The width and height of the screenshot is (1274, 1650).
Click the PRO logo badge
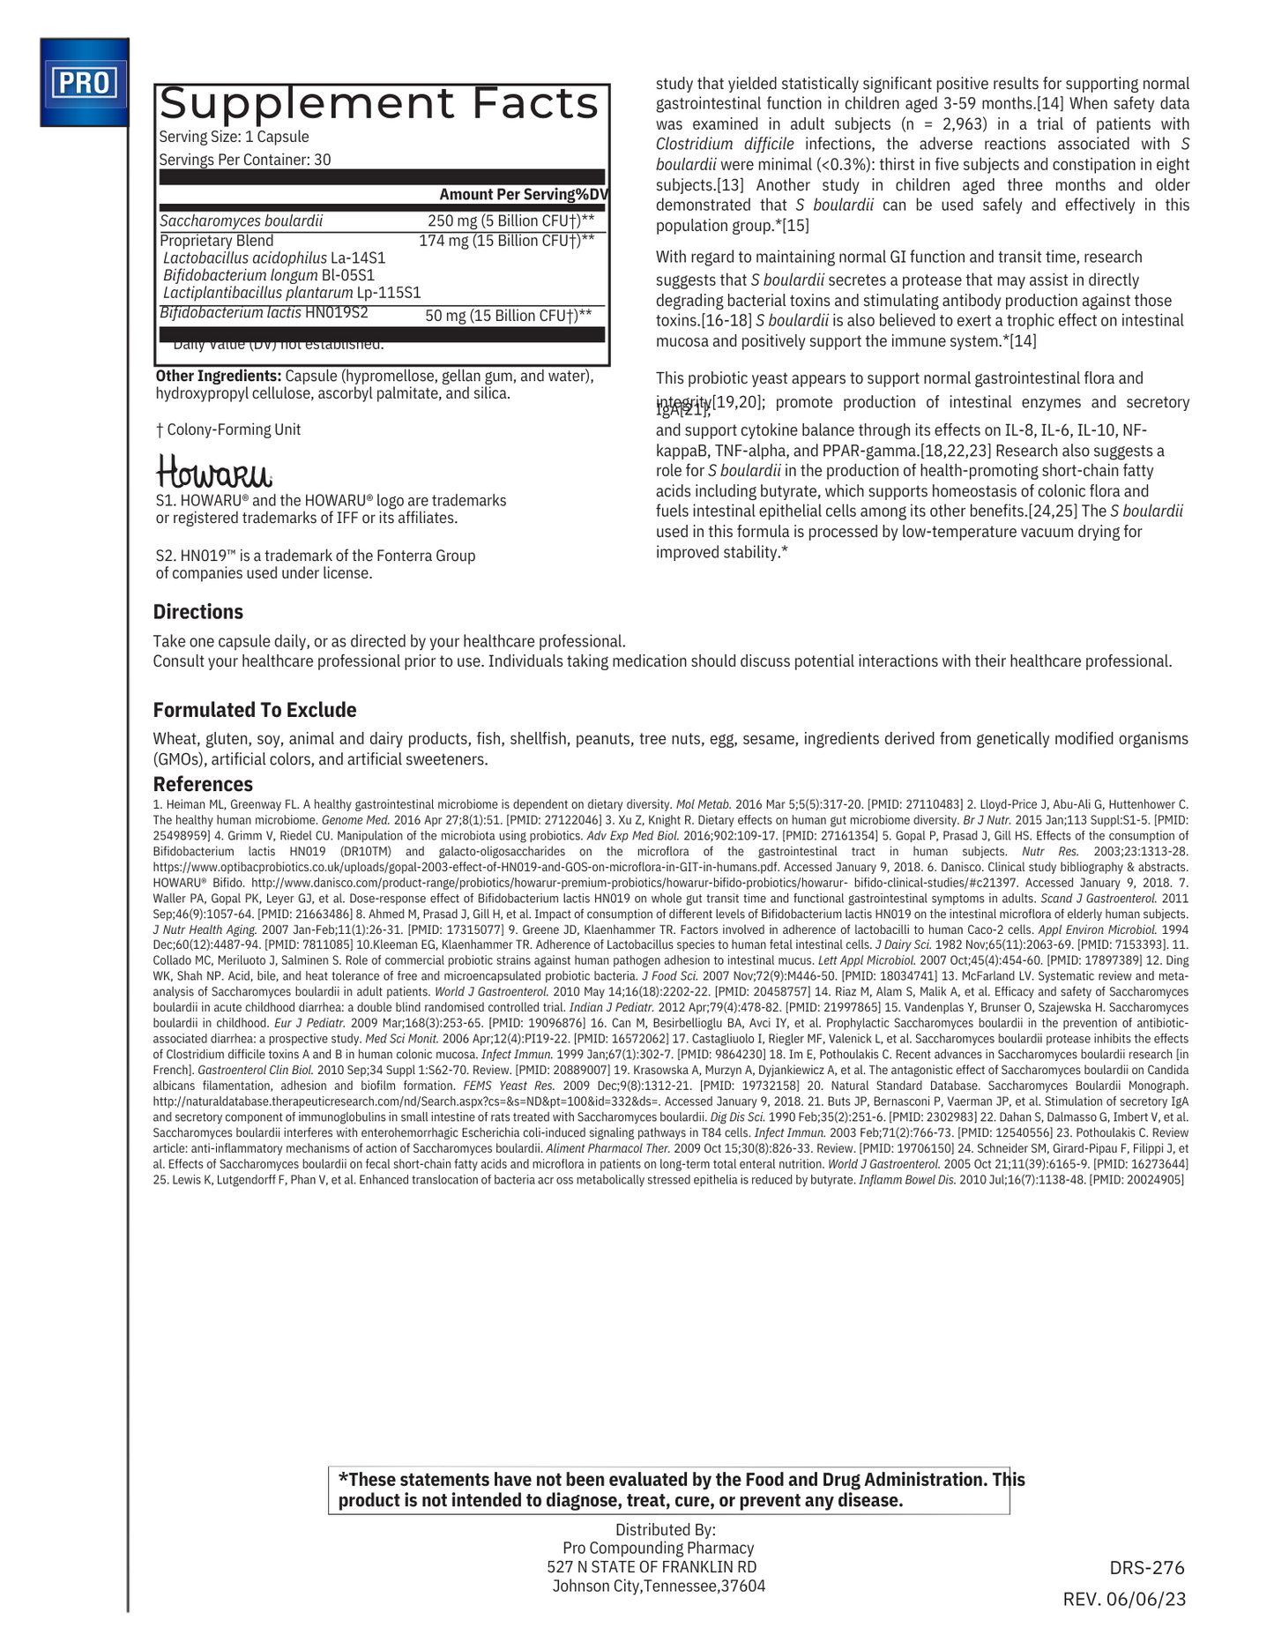point(85,83)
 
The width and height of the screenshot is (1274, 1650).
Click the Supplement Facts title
point(379,104)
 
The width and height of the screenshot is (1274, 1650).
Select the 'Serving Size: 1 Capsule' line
point(234,137)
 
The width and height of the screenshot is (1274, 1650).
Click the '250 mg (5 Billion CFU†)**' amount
point(510,220)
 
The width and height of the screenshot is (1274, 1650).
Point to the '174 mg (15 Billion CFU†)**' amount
point(506,240)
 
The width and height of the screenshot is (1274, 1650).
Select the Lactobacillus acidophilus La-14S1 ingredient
point(274,258)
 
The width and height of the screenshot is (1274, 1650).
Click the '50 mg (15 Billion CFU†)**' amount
point(508,315)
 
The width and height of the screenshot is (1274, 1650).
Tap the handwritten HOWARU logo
point(213,472)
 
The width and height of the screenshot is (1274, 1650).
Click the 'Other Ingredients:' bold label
point(218,376)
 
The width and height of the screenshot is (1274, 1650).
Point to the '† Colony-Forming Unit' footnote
point(228,429)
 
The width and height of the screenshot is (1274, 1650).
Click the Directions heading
point(197,612)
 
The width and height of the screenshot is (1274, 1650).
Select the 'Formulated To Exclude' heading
point(255,710)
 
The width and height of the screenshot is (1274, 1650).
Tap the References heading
point(203,784)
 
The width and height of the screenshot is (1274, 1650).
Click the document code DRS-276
point(1147,1567)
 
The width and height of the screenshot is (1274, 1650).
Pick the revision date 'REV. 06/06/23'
point(1124,1599)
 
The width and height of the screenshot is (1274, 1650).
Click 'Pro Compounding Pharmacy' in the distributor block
point(658,1548)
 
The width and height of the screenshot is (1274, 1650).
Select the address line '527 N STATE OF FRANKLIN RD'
point(652,1566)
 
